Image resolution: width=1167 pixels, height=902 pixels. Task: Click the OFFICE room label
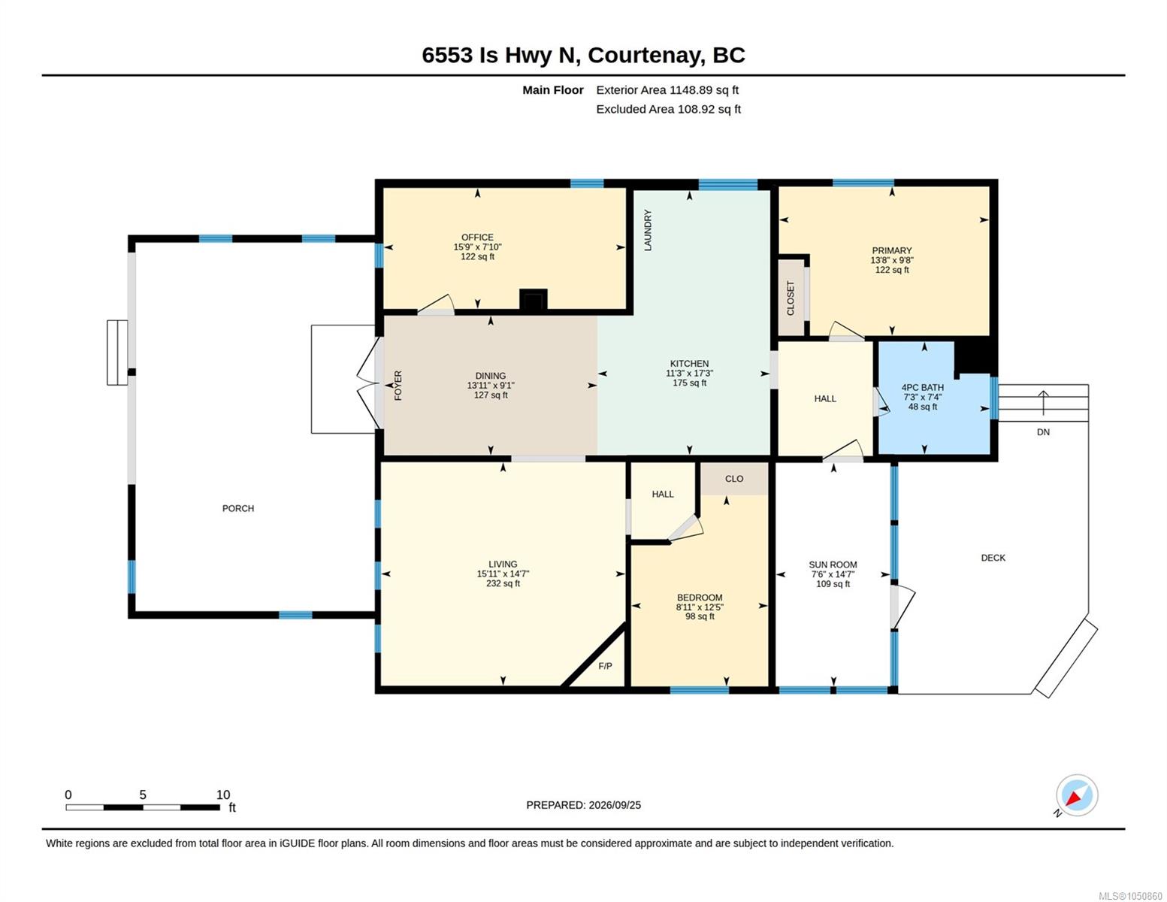[477, 237]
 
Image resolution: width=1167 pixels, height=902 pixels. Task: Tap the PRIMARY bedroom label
[891, 250]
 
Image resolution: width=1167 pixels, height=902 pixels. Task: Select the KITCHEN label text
[689, 364]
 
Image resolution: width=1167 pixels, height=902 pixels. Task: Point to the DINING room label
[491, 376]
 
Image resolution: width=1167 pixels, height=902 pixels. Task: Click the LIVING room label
[503, 564]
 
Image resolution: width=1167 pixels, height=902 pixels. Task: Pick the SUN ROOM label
[833, 565]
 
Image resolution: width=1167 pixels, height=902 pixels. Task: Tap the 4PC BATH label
[922, 387]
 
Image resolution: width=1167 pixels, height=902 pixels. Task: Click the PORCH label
[238, 508]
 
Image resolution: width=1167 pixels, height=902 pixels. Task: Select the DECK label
[993, 558]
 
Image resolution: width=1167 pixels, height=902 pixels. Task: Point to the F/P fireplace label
[605, 666]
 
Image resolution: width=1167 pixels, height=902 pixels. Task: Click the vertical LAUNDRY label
[648, 231]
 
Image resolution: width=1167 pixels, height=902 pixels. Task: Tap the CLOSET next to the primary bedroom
[791, 298]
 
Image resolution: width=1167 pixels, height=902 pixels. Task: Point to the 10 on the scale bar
[223, 795]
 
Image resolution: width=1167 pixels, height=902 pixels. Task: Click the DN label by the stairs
[1043, 432]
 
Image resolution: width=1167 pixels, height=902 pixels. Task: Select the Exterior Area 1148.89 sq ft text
[667, 90]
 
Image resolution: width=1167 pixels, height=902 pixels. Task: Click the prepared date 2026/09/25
[615, 805]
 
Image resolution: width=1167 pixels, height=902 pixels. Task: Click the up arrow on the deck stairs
[1043, 403]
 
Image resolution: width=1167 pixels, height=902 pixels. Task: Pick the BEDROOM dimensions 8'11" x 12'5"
[700, 607]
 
